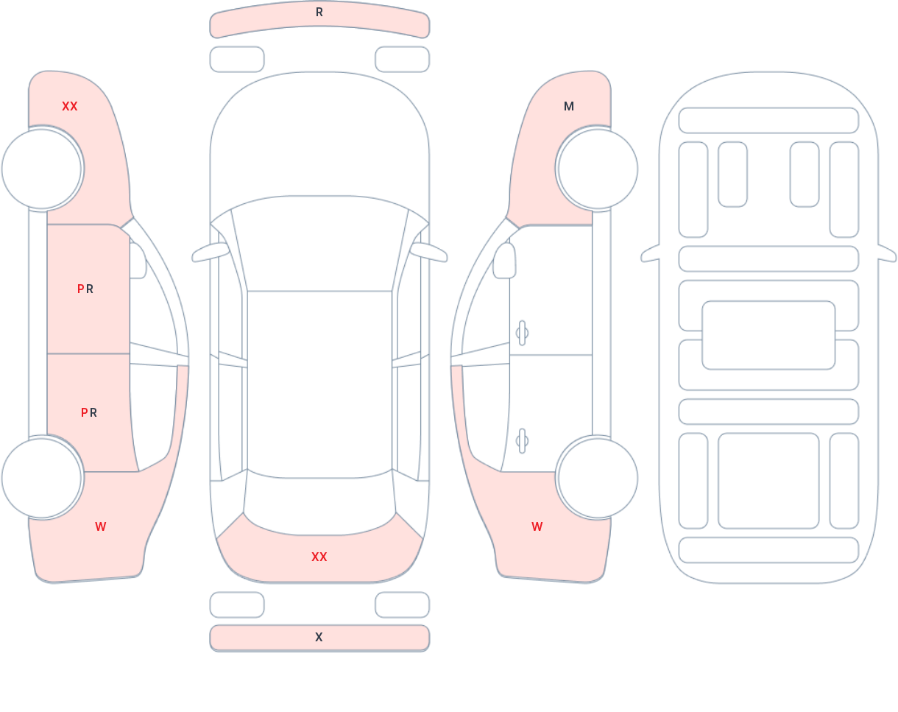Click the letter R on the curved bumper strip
pos(319,13)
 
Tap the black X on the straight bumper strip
pos(319,638)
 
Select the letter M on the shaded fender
pos(569,107)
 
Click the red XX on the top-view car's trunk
pos(319,557)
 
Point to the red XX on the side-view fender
pos(70,107)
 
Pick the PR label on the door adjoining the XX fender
pos(85,289)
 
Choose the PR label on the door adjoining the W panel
pos(89,413)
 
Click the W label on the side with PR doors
pos(101,526)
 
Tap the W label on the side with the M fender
pos(537,526)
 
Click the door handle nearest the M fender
pos(522,333)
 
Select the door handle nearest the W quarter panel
pos(522,441)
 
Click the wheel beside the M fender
pos(598,169)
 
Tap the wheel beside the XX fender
pos(41,169)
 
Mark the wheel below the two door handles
pos(598,478)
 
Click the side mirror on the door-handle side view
pos(504,261)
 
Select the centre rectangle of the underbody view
pos(768,335)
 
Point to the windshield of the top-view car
pos(319,243)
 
